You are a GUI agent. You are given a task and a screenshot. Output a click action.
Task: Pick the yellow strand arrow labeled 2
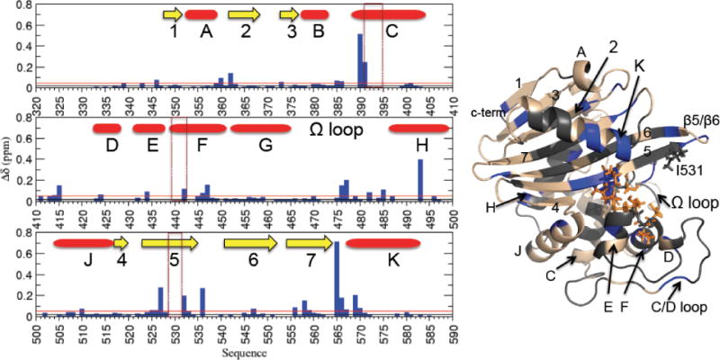pos(244,14)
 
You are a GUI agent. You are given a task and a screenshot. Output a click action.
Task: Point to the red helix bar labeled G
pos(261,129)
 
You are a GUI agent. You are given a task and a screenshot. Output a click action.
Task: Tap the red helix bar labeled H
pos(418,129)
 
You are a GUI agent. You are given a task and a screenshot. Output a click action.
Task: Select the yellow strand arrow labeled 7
pos(310,242)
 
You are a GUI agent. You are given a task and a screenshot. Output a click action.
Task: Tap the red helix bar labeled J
pos(83,243)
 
